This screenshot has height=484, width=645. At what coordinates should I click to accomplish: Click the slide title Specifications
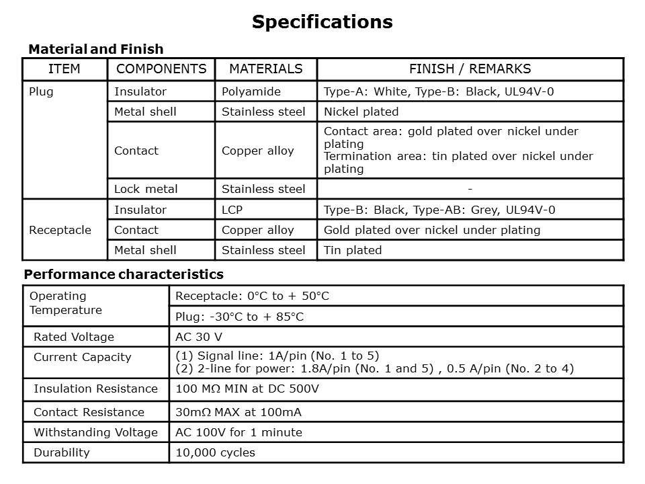[322, 22]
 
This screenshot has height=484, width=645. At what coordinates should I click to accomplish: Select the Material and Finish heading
[95, 49]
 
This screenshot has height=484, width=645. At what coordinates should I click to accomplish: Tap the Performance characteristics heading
[124, 274]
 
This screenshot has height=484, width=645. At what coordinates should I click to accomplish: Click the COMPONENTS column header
[161, 69]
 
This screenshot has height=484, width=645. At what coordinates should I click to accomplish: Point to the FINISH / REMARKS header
[470, 69]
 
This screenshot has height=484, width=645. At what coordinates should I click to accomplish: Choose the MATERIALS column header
[265, 69]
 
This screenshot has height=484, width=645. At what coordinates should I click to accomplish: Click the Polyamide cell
[251, 91]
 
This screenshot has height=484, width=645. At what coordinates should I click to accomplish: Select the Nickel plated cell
[361, 112]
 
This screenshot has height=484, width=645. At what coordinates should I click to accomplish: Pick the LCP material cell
[232, 210]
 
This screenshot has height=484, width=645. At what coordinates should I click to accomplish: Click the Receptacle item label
[60, 230]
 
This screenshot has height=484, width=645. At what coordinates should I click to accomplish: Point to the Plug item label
[41, 91]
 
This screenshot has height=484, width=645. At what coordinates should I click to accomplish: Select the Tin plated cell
[353, 250]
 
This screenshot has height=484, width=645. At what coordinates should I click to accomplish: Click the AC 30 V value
[199, 337]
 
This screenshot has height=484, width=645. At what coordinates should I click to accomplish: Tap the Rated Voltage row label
[74, 337]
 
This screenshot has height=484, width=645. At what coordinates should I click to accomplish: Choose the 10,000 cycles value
[215, 452]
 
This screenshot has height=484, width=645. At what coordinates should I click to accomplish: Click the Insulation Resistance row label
[95, 389]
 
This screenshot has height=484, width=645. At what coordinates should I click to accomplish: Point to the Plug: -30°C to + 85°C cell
[239, 316]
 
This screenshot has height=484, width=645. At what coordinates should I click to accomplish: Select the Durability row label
[61, 452]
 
